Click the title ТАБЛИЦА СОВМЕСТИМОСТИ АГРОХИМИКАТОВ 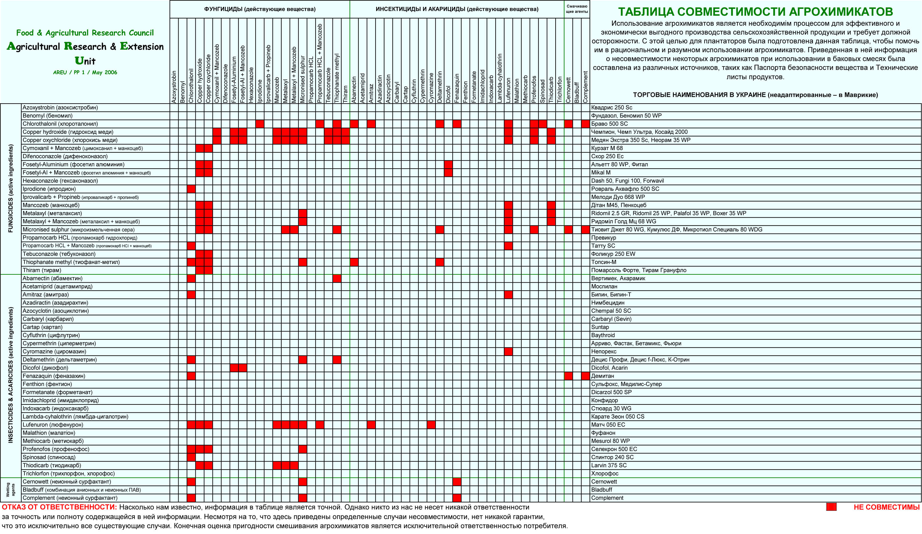click(x=755, y=12)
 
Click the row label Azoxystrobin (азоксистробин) click(x=60, y=108)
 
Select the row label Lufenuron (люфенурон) click(x=53, y=425)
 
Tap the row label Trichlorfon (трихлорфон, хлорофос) click(x=69, y=473)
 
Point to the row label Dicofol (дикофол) click(x=45, y=368)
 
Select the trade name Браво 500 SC click(x=609, y=124)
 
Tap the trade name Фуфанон click(x=603, y=433)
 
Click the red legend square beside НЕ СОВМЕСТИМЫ click(x=831, y=507)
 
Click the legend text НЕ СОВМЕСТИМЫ click(x=886, y=507)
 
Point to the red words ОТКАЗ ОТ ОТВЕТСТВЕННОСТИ click(x=59, y=507)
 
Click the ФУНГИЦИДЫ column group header click(x=259, y=9)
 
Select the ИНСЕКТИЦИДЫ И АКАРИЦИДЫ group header click(x=457, y=9)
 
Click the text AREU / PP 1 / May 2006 click(x=85, y=72)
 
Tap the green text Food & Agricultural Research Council click(x=85, y=33)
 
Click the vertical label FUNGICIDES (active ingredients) click(x=11, y=189)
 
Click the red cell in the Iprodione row click(x=191, y=189)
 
